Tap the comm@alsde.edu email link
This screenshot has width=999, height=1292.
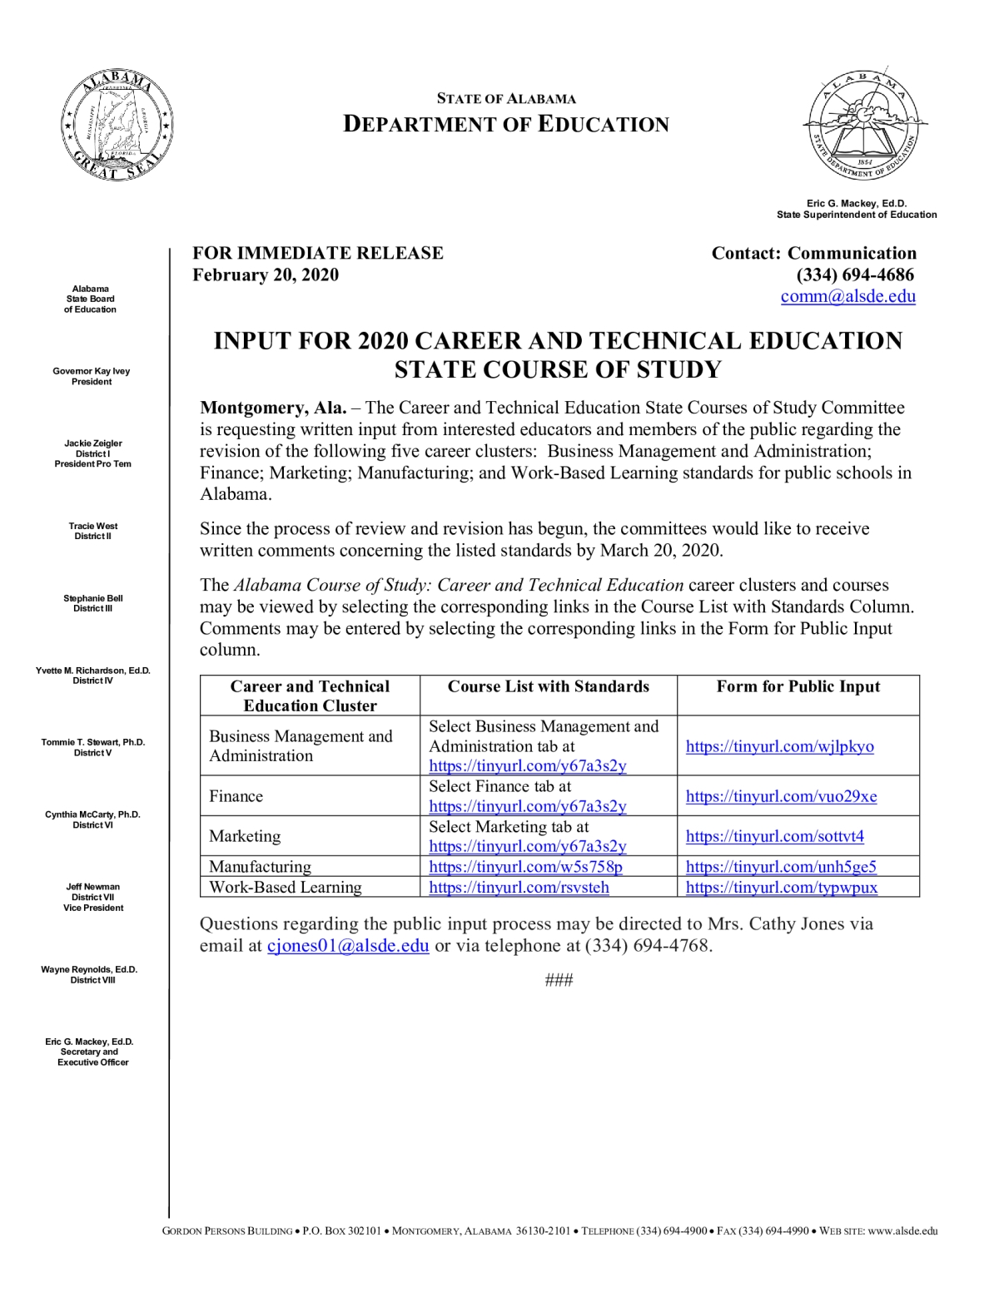click(x=847, y=297)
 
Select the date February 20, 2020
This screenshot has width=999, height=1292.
click(x=266, y=275)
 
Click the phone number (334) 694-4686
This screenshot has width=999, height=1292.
click(x=855, y=275)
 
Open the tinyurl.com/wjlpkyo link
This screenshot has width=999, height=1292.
click(x=779, y=746)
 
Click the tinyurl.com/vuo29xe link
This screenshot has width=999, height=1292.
click(x=781, y=796)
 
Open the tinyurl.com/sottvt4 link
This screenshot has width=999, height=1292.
click(x=774, y=836)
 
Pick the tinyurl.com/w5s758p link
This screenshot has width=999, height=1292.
click(x=525, y=867)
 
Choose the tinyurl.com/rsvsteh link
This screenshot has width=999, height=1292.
click(x=519, y=888)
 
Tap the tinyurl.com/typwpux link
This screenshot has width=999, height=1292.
click(x=781, y=888)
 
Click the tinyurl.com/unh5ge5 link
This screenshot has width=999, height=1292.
click(x=781, y=867)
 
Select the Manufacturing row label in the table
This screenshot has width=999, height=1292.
click(x=260, y=867)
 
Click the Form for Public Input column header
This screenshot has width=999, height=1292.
click(x=798, y=686)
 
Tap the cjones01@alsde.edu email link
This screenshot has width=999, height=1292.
click(x=348, y=946)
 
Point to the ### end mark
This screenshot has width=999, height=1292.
click(x=559, y=980)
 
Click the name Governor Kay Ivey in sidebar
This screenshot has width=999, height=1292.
click(x=92, y=371)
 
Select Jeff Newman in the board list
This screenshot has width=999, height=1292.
click(x=92, y=887)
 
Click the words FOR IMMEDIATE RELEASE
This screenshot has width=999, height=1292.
click(x=318, y=254)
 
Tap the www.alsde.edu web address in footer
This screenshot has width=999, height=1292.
click(x=902, y=1231)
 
